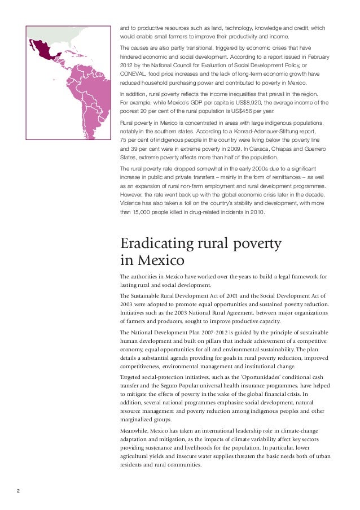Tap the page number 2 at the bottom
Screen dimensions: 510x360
coord(18,490)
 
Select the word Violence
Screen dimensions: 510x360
coord(132,204)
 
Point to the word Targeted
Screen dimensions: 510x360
coord(134,376)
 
